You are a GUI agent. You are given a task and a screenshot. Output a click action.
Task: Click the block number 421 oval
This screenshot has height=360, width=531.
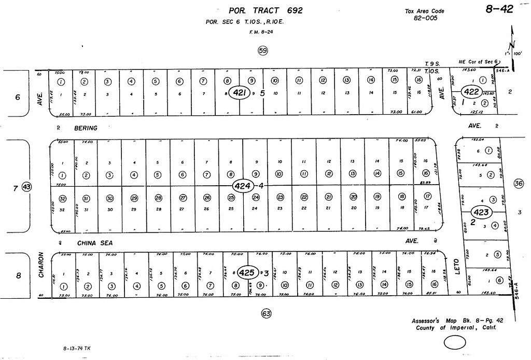coord(239,92)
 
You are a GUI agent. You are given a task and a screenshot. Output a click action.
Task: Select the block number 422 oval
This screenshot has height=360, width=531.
coord(471,91)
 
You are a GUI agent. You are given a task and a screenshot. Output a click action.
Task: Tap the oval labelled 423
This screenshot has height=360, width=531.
coord(481,212)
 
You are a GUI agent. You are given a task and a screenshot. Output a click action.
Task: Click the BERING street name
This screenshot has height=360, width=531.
coord(85,127)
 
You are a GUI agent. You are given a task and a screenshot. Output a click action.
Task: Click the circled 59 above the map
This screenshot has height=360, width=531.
coord(263,50)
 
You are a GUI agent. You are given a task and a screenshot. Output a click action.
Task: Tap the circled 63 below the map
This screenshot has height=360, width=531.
coord(266,313)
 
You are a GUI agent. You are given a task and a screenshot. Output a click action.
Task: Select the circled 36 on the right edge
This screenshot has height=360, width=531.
coord(518,183)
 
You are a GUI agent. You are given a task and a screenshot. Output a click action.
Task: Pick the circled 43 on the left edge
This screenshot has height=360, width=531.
coord(27,187)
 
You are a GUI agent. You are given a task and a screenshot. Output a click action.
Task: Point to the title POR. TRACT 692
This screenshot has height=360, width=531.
coord(265,10)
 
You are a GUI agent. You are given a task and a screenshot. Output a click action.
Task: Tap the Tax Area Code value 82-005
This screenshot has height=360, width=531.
coord(425,18)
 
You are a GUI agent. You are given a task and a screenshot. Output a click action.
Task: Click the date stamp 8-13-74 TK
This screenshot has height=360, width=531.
coord(76,349)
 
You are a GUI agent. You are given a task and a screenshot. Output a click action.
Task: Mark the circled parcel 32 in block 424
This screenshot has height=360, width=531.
coord(62,198)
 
